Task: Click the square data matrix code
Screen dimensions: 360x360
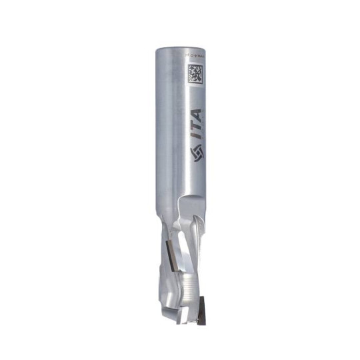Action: point(195,73)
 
